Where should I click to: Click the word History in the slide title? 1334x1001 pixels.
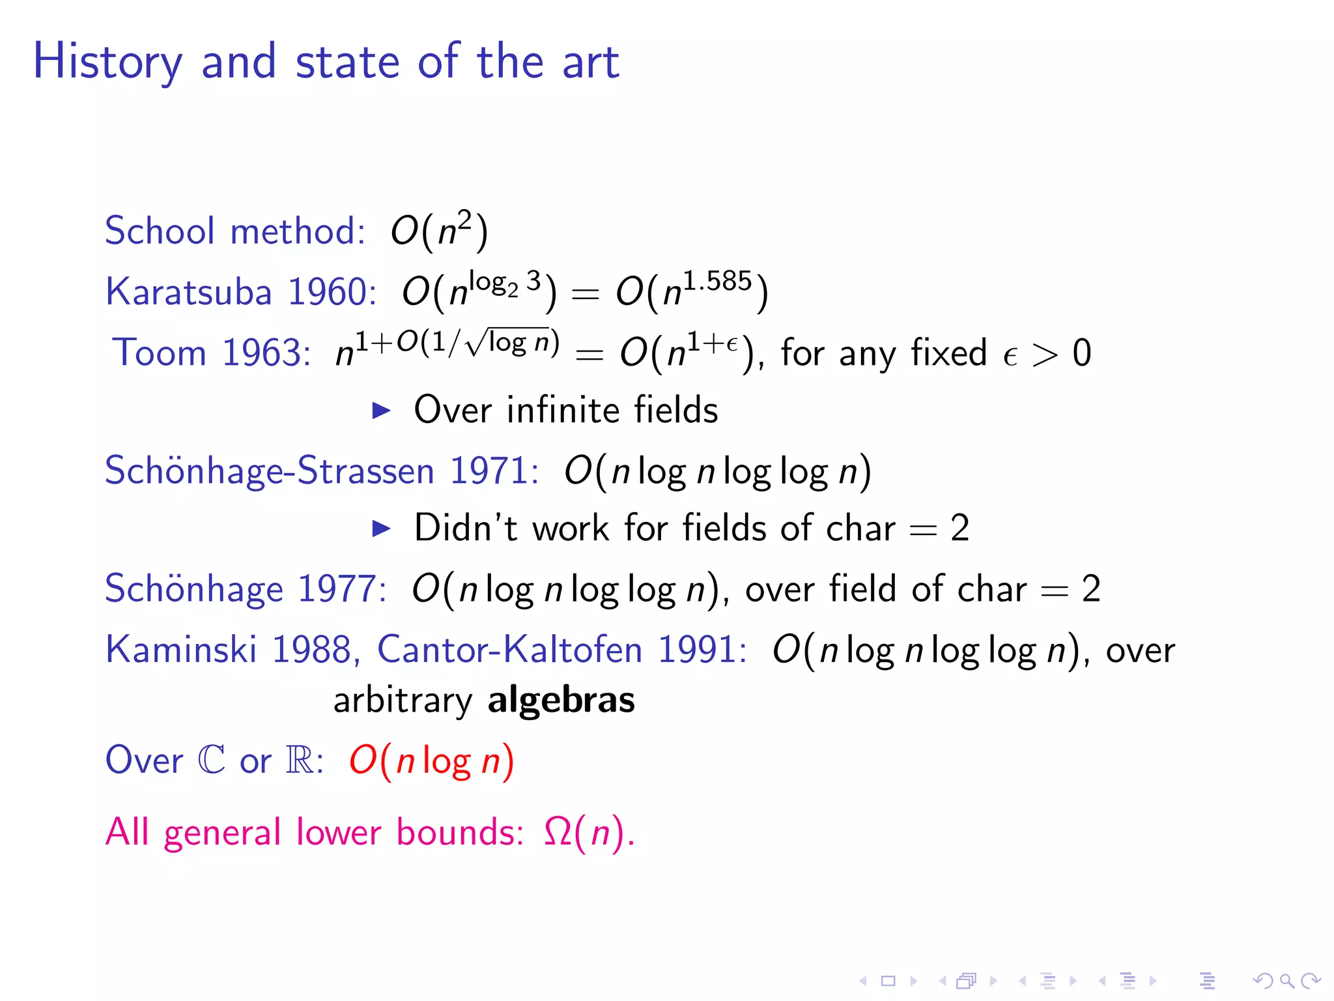coord(107,63)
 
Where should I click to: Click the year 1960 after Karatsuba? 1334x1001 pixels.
coord(331,291)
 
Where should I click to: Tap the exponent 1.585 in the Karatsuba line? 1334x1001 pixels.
coord(717,282)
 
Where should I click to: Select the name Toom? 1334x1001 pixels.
coord(159,353)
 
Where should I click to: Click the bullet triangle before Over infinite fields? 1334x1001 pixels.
coord(381,411)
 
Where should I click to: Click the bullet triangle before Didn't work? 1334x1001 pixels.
coord(381,528)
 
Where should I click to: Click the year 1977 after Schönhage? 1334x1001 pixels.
coord(341,588)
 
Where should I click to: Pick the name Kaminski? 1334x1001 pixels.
coord(181,650)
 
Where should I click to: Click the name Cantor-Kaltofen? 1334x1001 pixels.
coord(510,650)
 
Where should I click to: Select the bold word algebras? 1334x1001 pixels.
coord(561,701)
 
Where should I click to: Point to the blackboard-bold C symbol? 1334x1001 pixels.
coord(211,760)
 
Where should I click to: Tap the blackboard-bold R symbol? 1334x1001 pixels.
coord(300,760)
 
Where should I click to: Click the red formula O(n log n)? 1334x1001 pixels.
coord(431,761)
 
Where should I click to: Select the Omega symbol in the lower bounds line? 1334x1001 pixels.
coord(558,832)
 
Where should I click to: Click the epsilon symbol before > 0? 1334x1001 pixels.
coord(1010,356)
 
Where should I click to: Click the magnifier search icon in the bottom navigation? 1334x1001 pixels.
coord(1286,980)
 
